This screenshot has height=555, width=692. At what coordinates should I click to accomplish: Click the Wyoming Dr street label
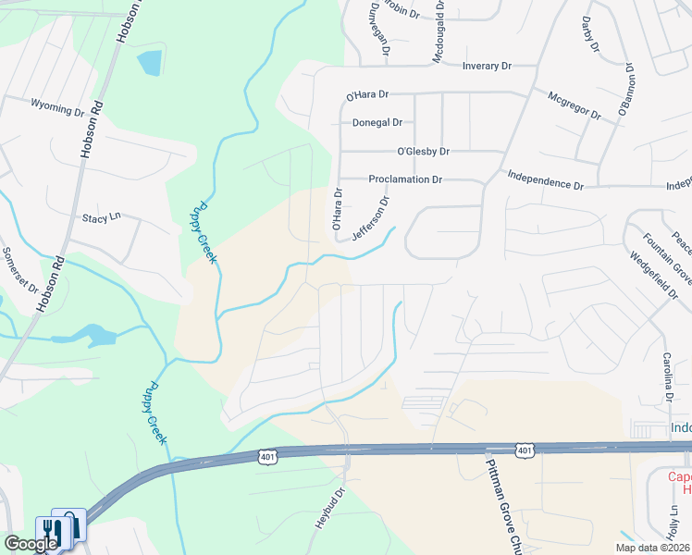pos(57,108)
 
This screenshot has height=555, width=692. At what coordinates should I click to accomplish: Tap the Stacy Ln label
pos(102,217)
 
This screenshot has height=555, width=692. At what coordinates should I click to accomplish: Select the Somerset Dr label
pos(19,269)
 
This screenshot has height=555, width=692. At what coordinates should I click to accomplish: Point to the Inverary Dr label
pos(488,66)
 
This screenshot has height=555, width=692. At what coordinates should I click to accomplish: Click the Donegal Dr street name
pos(377,122)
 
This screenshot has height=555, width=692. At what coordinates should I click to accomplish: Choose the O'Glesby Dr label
pos(423,151)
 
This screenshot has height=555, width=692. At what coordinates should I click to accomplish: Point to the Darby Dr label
pos(589,33)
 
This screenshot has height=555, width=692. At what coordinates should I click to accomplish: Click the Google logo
pos(30,543)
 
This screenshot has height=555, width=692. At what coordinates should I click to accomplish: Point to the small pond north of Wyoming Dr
pos(148,63)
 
